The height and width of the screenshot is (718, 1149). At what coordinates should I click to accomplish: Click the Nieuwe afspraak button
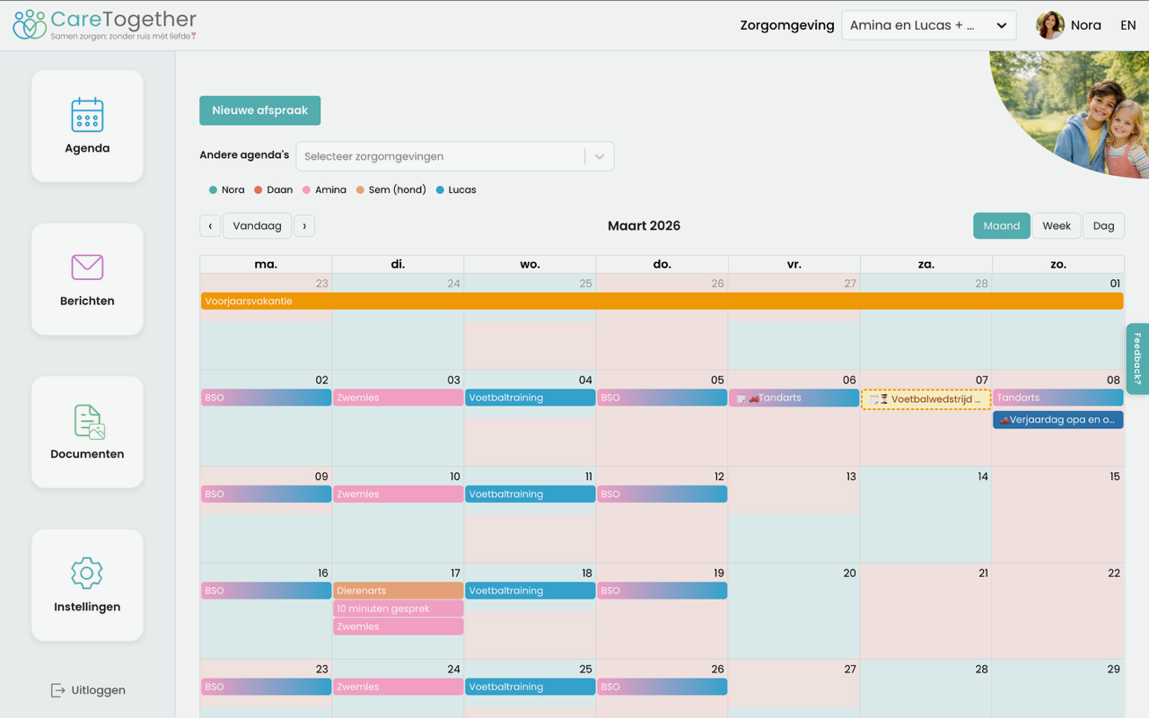pyautogui.click(x=259, y=110)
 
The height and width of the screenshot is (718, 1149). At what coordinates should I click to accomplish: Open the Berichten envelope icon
pyautogui.click(x=87, y=267)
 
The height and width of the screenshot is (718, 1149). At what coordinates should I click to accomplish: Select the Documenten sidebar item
pyautogui.click(x=87, y=432)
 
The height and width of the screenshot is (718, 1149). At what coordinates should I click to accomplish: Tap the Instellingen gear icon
pyautogui.click(x=87, y=573)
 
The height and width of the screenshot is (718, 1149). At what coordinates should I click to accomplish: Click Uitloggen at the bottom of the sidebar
pyautogui.click(x=88, y=690)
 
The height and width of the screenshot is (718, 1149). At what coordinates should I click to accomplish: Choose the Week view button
pyautogui.click(x=1057, y=225)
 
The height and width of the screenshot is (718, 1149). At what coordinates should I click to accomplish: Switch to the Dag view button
pyautogui.click(x=1103, y=225)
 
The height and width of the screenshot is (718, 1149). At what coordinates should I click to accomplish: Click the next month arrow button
pyautogui.click(x=304, y=225)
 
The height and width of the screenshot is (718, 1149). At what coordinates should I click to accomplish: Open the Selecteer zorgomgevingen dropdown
pyautogui.click(x=455, y=156)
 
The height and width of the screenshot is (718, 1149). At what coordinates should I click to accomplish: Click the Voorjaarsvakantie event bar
pyautogui.click(x=662, y=301)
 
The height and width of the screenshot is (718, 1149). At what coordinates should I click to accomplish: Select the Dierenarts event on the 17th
pyautogui.click(x=398, y=591)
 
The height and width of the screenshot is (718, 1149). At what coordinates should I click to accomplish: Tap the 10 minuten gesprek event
pyautogui.click(x=398, y=609)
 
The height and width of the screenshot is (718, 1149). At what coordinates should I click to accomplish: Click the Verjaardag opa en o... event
pyautogui.click(x=1057, y=419)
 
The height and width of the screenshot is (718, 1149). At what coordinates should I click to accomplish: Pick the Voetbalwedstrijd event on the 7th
pyautogui.click(x=925, y=399)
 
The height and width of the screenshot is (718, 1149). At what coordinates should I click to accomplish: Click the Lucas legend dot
pyautogui.click(x=440, y=189)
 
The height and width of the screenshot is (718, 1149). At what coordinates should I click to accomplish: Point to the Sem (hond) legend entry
pyautogui.click(x=391, y=189)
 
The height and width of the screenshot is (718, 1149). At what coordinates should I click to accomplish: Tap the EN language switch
pyautogui.click(x=1127, y=25)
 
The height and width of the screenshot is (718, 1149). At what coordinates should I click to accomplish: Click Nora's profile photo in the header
pyautogui.click(x=1050, y=25)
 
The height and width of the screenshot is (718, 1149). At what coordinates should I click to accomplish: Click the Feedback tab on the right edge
pyautogui.click(x=1137, y=358)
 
